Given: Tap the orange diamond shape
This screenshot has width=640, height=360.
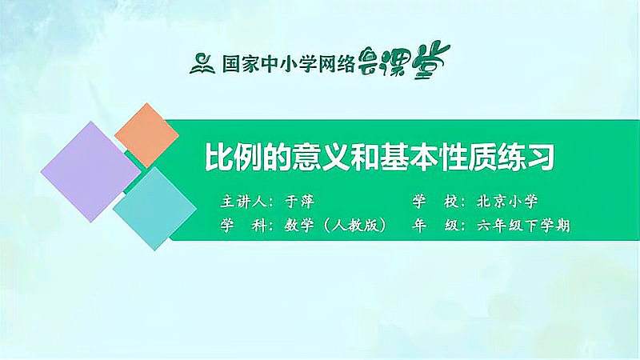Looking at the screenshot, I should (146, 134).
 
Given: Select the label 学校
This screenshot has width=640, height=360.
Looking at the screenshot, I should (433, 202).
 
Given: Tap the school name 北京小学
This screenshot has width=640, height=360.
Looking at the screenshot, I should (506, 202).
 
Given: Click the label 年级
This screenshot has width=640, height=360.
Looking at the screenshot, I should (433, 226).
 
